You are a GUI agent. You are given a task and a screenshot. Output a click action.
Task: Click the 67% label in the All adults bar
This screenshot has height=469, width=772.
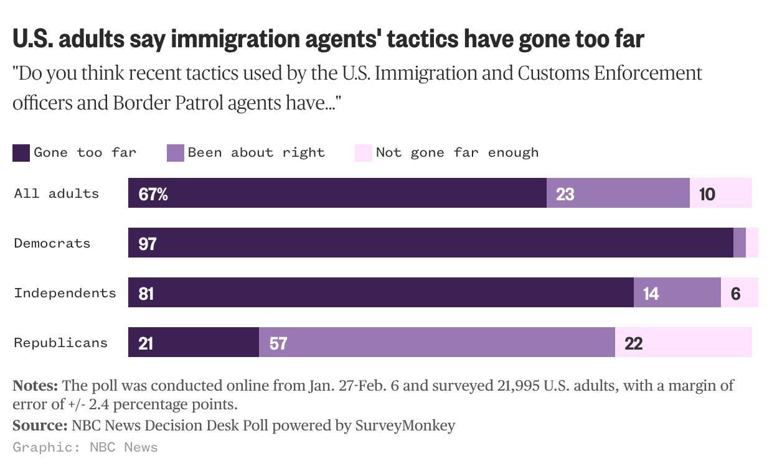click(153, 194)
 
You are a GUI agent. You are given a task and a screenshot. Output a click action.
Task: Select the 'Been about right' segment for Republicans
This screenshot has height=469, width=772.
click(436, 342)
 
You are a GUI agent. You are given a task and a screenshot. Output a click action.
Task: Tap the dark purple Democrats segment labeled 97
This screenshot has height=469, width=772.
click(430, 243)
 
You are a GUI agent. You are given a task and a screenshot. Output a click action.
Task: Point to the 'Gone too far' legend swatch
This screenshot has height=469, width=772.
click(21, 153)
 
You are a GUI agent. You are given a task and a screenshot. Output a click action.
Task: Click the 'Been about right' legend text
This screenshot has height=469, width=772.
click(256, 152)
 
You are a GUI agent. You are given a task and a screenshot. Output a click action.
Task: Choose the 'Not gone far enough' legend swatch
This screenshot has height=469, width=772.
click(363, 153)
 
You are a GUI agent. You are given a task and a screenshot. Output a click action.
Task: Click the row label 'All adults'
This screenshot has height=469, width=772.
click(57, 193)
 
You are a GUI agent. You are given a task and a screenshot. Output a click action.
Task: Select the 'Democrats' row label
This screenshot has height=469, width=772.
click(52, 243)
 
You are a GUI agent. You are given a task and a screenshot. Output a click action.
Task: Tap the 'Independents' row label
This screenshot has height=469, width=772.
click(65, 293)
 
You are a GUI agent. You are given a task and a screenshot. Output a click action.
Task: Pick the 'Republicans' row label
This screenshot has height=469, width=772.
click(61, 343)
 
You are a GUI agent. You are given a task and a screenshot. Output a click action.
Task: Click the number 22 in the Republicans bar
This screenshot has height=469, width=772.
click(633, 343)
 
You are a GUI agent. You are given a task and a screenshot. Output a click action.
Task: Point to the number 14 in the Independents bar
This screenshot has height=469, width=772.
click(651, 294)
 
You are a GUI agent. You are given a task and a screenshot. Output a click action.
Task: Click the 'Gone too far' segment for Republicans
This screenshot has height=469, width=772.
click(193, 342)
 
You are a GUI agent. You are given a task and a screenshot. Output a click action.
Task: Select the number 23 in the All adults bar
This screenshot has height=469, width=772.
click(565, 194)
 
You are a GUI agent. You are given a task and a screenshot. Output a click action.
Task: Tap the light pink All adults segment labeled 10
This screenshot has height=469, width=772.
click(720, 193)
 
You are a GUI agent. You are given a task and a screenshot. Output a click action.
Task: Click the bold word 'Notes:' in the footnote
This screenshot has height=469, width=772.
click(35, 386)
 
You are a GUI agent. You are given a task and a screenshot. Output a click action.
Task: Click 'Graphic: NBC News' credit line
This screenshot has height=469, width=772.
click(85, 447)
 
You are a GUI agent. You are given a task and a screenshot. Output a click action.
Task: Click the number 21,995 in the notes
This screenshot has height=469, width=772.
click(517, 386)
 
